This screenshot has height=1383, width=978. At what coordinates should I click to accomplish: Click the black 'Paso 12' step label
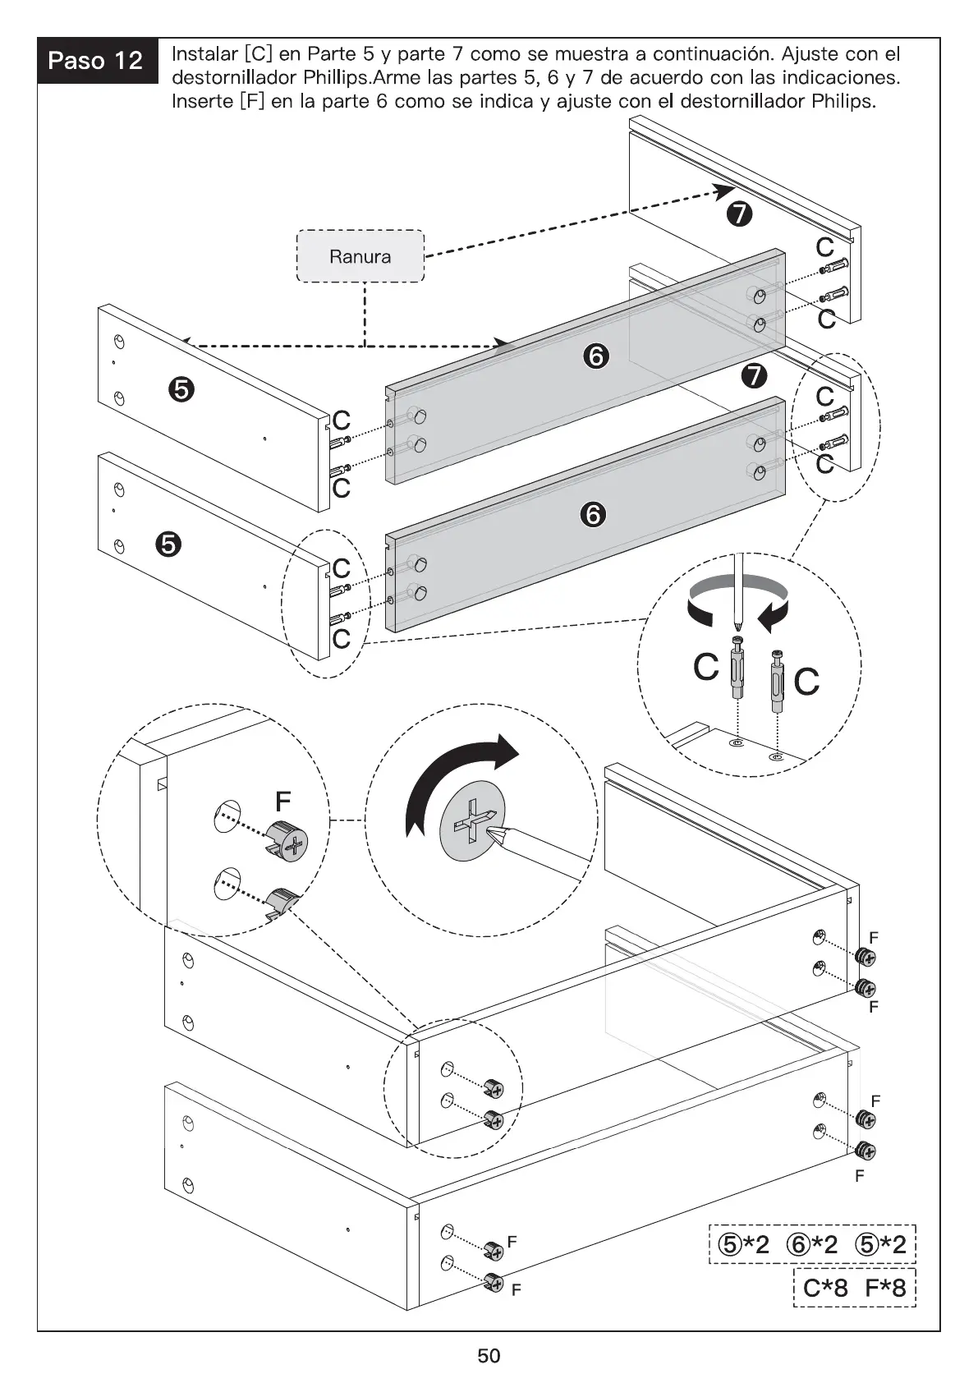tap(96, 61)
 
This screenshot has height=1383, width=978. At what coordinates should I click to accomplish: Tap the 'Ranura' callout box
tap(360, 256)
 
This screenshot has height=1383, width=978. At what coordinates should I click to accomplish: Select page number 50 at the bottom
tap(489, 1356)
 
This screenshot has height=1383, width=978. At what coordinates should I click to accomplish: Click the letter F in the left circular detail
tap(283, 801)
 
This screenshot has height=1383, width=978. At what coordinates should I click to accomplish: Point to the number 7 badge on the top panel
tap(739, 214)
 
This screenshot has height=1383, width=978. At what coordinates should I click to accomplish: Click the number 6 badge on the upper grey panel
tap(596, 356)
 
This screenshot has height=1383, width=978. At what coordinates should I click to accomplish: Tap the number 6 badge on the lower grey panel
tap(593, 515)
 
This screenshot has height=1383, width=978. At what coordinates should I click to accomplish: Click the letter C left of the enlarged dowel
tap(706, 667)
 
